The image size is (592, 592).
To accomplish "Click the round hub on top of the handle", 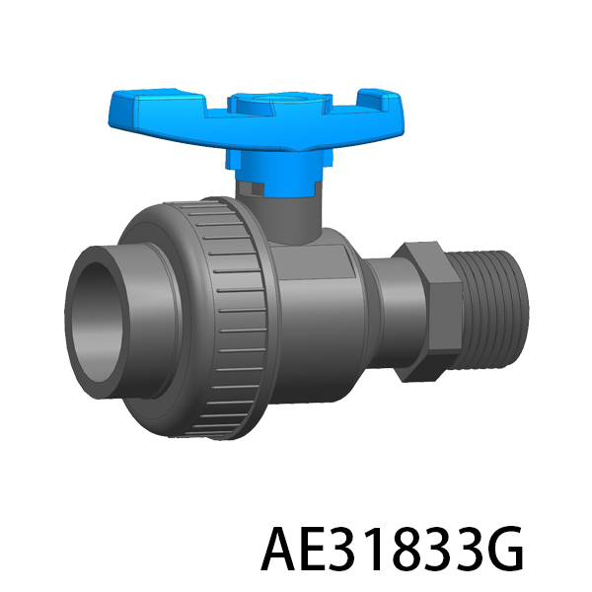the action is (280, 102).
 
